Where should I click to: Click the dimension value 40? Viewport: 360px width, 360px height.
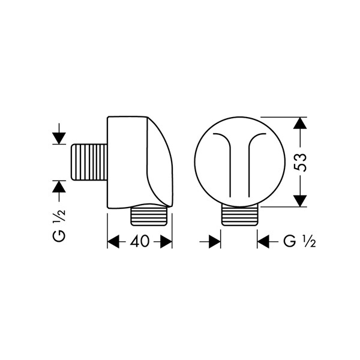140,241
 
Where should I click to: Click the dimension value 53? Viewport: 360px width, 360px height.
301,163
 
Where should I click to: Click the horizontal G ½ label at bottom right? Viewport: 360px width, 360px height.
299,241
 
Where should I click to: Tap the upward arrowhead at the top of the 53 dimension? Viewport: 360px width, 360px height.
301,123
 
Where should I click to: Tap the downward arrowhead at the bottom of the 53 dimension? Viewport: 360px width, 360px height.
301,201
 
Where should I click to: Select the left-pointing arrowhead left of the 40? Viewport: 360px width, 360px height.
113,242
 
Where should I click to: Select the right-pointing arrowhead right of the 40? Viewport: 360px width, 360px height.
166,242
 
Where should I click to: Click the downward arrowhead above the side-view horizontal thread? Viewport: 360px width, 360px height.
59,139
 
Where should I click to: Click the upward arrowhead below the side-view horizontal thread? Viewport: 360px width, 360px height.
59,187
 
